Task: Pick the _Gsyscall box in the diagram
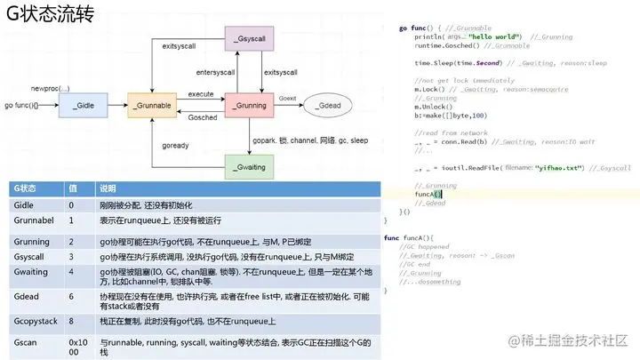[251, 42]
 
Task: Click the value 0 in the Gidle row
[72, 204]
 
